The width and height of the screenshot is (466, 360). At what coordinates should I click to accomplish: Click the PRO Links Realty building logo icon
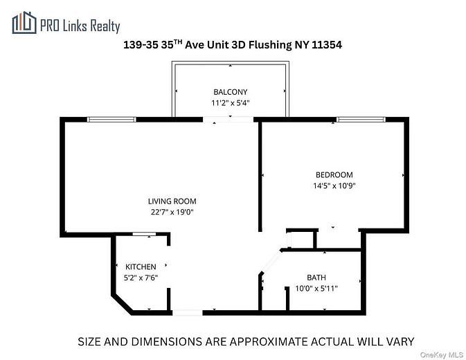click(x=24, y=24)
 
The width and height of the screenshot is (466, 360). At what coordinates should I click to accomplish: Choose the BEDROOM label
click(x=334, y=175)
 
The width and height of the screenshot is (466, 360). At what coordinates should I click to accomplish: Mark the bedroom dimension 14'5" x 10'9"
click(x=334, y=186)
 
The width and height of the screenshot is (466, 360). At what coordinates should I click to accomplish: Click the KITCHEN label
click(x=141, y=267)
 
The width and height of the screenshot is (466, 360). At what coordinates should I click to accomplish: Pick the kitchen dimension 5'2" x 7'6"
click(x=141, y=278)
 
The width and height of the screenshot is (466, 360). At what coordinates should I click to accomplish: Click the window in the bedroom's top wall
click(x=361, y=120)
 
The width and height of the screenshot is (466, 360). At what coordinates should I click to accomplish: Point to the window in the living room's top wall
click(x=111, y=120)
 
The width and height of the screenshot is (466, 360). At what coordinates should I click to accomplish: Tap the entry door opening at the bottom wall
click(x=187, y=313)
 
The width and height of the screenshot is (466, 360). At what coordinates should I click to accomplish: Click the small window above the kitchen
click(x=143, y=235)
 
